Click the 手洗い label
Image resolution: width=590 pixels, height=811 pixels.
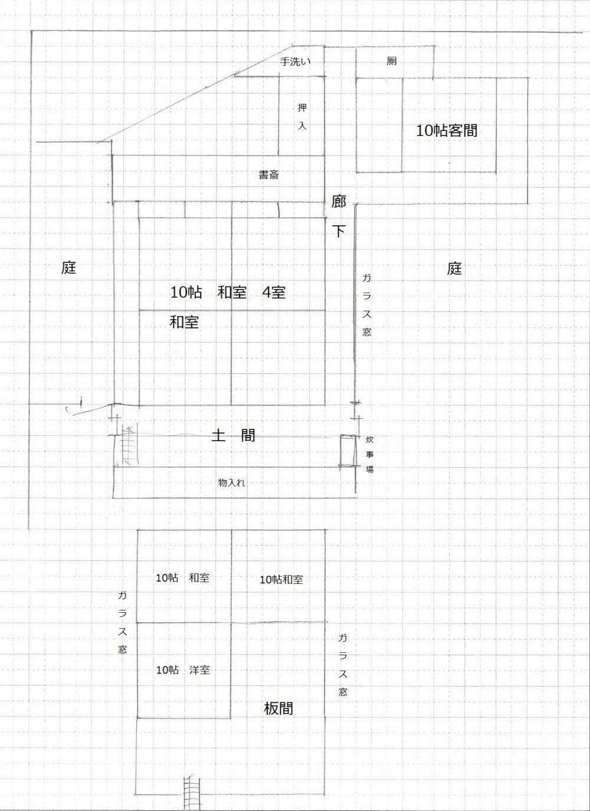pyautogui.click(x=295, y=61)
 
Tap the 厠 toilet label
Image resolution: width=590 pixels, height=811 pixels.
pyautogui.click(x=392, y=61)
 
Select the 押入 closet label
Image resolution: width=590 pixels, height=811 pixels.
pyautogui.click(x=302, y=116)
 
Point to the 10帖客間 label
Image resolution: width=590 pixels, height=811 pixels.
pyautogui.click(x=447, y=130)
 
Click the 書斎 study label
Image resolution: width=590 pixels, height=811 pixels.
pyautogui.click(x=268, y=175)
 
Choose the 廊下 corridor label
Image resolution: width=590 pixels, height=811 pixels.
pyautogui.click(x=339, y=216)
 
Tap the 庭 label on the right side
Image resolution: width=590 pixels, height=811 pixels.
pyautogui.click(x=454, y=268)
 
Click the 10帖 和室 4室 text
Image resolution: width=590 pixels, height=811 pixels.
pyautogui.click(x=228, y=292)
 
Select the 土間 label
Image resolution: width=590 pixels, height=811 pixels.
pyautogui.click(x=233, y=436)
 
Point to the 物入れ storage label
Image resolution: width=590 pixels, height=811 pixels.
pyautogui.click(x=232, y=482)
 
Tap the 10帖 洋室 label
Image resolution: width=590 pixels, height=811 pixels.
pyautogui.click(x=182, y=670)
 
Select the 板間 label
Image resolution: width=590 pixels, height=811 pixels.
pyautogui.click(x=278, y=708)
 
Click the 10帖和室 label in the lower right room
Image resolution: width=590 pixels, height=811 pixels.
pyautogui.click(x=281, y=580)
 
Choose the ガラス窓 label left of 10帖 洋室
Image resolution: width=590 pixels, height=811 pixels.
pyautogui.click(x=122, y=622)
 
